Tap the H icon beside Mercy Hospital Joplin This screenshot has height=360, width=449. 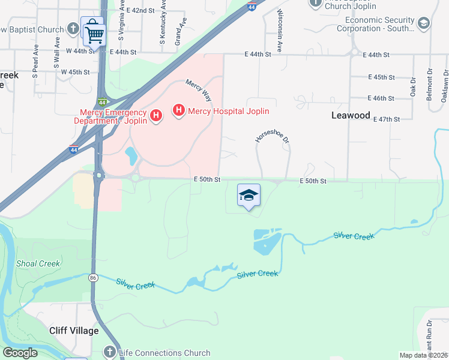coord(178,110)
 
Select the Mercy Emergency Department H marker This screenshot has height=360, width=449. coord(155,115)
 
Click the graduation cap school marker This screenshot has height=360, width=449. coord(249,195)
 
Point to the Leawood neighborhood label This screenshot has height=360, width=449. coord(351,115)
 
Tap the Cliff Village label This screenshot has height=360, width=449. coord(73,331)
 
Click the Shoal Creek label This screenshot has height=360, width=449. coord(38,263)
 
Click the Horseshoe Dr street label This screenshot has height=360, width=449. coord(272,131)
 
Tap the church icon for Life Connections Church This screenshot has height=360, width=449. coord(110,352)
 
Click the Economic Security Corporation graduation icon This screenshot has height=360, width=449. coord(423,23)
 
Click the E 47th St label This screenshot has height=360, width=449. coord(386,119)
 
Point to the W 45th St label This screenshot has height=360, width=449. coord(75,72)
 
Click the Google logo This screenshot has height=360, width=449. coord(20,353)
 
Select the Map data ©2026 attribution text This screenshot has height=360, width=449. coord(423,355)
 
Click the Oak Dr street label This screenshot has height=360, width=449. coord(413,86)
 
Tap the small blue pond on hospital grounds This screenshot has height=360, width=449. coord(130,156)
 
